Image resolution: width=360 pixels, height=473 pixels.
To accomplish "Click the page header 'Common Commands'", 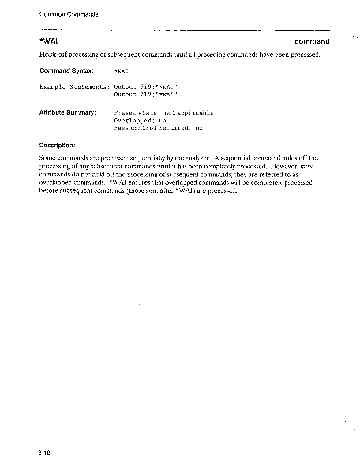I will [x=69, y=14].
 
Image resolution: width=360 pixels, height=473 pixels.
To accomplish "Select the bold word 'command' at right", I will [x=312, y=41].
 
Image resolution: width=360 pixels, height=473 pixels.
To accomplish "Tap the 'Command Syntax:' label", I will [x=66, y=71].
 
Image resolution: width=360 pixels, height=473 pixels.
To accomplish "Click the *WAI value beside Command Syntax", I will [x=121, y=71].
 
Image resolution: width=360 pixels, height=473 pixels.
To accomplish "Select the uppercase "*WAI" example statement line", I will [x=145, y=87].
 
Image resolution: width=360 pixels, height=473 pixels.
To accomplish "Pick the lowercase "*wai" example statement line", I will [x=145, y=94].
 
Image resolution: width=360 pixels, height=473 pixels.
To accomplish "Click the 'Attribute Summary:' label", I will [x=68, y=112].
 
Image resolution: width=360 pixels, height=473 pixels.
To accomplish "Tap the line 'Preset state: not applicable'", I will [x=164, y=113].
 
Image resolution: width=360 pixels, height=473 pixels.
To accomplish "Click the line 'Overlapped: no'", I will [x=140, y=120].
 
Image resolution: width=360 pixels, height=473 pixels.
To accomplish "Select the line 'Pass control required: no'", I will [x=158, y=128].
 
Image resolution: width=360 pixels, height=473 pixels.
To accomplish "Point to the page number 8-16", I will [x=45, y=453].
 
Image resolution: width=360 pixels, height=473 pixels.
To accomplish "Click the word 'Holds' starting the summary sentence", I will [x=47, y=55].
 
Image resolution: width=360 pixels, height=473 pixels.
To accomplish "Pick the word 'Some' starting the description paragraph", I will [x=47, y=158].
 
